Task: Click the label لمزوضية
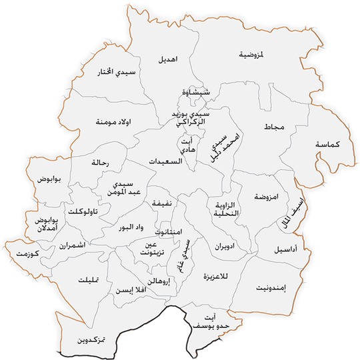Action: [251, 55]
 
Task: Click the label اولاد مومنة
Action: [111, 121]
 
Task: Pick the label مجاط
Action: [274, 127]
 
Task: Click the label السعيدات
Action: [164, 162]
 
